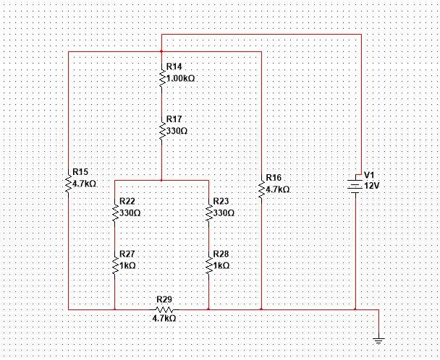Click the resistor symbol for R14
[161, 75]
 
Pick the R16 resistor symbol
[261, 189]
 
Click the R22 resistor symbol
[115, 212]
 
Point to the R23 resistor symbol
[208, 212]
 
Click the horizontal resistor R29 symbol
[162, 309]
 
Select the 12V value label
[371, 186]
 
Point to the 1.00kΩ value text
[181, 77]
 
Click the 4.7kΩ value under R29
[163, 317]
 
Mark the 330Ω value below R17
[177, 132]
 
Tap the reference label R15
[80, 172]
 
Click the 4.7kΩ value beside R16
[278, 189]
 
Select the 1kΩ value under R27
[128, 266]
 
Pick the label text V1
[369, 175]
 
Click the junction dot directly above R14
[161, 52]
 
